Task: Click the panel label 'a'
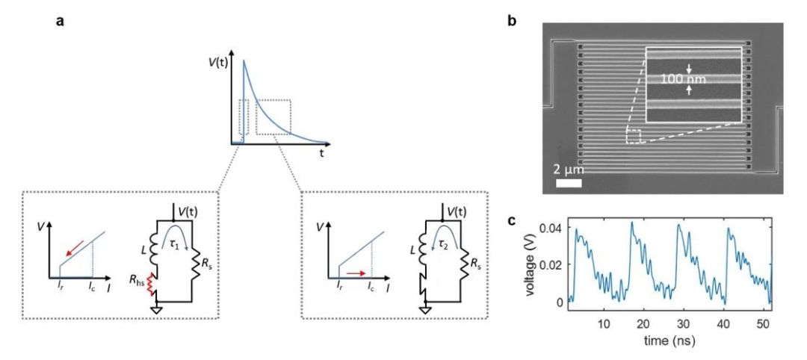point(60,21)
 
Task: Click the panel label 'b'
point(512,21)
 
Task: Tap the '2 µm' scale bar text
point(570,169)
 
